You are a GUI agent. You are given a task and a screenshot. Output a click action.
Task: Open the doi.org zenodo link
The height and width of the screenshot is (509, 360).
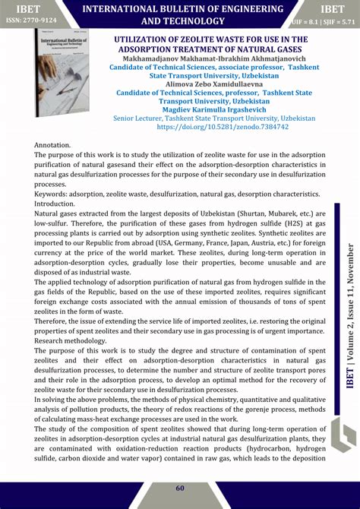click(211, 127)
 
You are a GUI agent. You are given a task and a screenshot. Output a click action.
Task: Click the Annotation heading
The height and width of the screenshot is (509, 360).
click(52, 144)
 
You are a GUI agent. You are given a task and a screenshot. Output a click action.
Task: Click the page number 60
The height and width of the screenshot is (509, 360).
click(180, 488)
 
